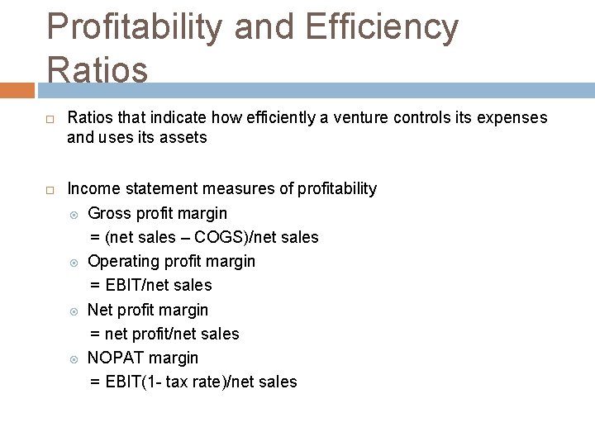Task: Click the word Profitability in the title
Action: point(135,26)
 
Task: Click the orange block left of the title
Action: point(17,89)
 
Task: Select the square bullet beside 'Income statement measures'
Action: point(50,189)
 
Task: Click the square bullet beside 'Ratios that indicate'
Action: point(50,118)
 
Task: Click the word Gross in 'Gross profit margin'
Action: point(108,213)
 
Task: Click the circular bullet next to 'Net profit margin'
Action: point(74,311)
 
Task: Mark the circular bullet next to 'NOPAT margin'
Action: point(74,358)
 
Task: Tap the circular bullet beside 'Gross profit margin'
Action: point(74,214)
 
